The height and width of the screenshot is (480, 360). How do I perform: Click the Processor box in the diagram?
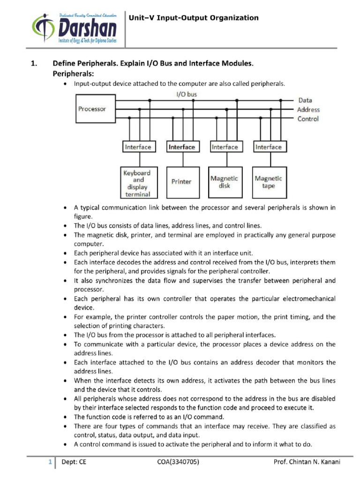click(x=92, y=109)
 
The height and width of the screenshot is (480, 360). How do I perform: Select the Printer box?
click(x=181, y=181)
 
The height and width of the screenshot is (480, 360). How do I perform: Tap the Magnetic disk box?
click(x=224, y=181)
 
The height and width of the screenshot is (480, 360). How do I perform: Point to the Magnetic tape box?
click(x=268, y=181)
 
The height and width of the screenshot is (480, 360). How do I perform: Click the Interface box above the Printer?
click(x=181, y=147)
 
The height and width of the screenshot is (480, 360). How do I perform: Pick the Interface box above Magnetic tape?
click(x=268, y=147)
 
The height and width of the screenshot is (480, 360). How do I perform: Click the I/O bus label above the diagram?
click(x=186, y=94)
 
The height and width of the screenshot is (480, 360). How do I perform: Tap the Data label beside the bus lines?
click(x=305, y=100)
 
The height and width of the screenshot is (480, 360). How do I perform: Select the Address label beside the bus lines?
click(x=308, y=110)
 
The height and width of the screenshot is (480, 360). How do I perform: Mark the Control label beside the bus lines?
click(x=308, y=119)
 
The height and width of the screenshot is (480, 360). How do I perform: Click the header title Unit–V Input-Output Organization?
click(x=194, y=18)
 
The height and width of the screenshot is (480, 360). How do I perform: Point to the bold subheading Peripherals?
click(x=73, y=74)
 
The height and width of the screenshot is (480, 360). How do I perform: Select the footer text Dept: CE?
click(x=74, y=462)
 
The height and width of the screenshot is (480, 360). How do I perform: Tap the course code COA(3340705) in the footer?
click(x=179, y=462)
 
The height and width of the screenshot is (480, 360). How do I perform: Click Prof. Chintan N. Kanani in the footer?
click(x=307, y=462)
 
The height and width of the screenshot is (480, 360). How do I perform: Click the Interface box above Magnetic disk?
click(x=225, y=147)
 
